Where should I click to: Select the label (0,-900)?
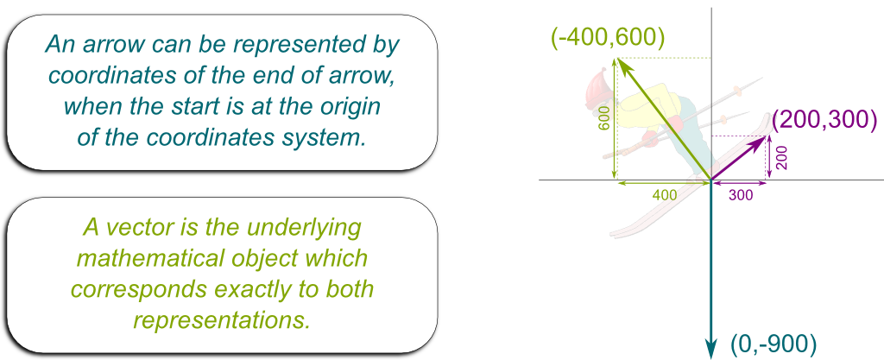[x=773, y=343]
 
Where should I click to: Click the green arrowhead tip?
[x=618, y=58]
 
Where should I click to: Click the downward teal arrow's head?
[x=711, y=350]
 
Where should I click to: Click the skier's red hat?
[x=595, y=87]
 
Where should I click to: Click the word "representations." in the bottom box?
[x=222, y=320]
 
